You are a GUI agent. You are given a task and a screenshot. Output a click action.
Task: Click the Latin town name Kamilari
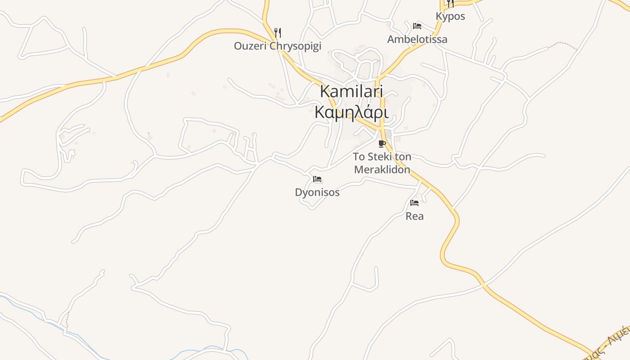(x=351, y=91)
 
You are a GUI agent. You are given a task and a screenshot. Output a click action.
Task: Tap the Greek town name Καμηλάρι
(x=351, y=112)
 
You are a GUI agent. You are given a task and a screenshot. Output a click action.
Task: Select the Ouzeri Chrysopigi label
(x=277, y=46)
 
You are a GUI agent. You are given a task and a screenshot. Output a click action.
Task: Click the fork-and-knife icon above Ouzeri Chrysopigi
(x=278, y=32)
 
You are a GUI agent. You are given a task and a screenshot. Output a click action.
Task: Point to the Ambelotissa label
(x=417, y=39)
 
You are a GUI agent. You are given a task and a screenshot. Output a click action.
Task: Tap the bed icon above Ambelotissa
(x=417, y=26)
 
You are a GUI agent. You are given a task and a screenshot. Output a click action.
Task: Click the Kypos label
(x=450, y=16)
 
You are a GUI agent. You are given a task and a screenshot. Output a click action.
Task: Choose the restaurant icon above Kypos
(x=450, y=4)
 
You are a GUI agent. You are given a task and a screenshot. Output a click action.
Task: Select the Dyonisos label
(x=317, y=193)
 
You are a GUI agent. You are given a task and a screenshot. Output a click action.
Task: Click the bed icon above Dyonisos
(x=317, y=179)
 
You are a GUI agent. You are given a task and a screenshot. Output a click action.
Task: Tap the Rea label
(x=414, y=216)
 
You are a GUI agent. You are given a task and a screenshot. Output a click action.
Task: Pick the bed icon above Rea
(x=414, y=203)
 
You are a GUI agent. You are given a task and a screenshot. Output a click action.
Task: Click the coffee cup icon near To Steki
(x=382, y=144)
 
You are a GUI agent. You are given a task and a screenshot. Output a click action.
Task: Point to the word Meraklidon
(x=382, y=170)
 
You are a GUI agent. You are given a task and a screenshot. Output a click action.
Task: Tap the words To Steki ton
(x=382, y=157)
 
